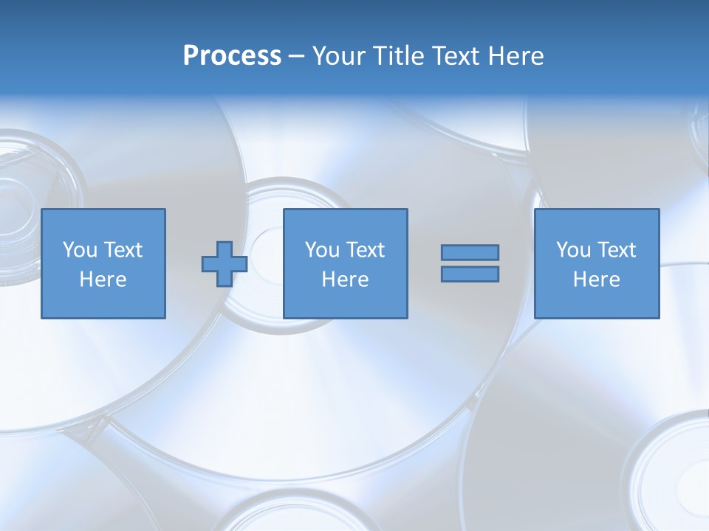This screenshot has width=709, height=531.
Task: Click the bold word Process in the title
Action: (232, 56)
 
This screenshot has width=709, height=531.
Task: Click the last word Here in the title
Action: (516, 56)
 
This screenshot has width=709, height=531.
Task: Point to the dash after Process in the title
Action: (296, 57)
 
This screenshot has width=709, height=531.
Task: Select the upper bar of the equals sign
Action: (470, 252)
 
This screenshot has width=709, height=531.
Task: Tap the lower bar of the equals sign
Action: (470, 274)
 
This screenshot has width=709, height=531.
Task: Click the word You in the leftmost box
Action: (80, 250)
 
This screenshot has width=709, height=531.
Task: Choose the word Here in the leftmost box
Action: (103, 280)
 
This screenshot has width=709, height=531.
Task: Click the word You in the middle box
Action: (322, 250)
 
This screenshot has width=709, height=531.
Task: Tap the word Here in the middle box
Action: (345, 280)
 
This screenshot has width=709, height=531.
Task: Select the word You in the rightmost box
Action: (573, 250)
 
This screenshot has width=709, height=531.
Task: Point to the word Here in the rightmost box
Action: (596, 280)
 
